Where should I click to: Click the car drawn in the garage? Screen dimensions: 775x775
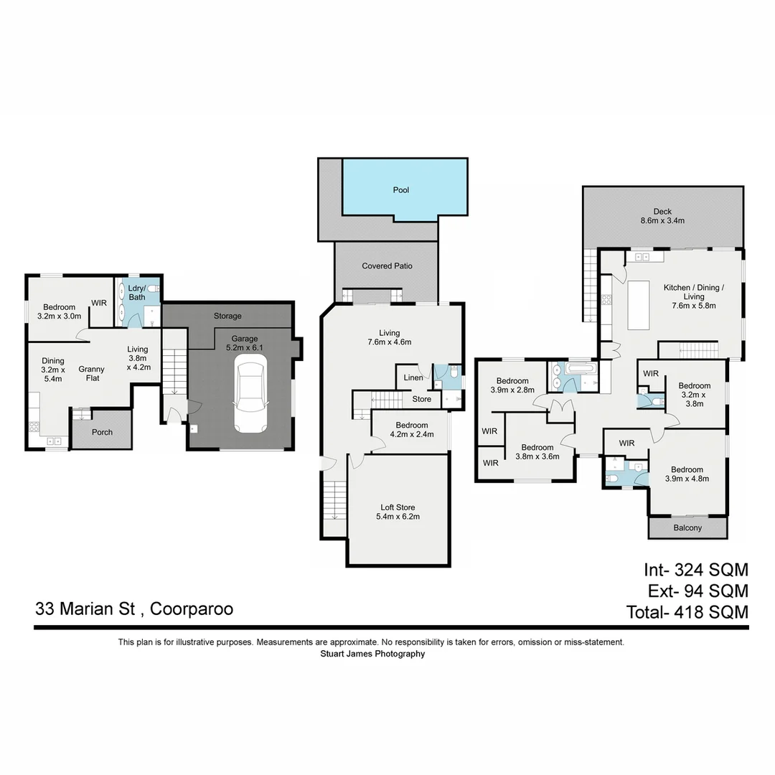[x=249, y=398]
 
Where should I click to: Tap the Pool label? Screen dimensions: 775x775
[x=400, y=190]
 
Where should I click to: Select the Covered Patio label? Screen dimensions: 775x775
[x=387, y=266]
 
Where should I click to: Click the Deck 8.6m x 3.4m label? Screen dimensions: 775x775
[x=662, y=216]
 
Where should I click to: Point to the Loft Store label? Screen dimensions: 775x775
[x=397, y=512]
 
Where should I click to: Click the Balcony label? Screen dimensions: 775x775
[x=687, y=528]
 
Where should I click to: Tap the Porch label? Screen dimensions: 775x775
[x=101, y=433]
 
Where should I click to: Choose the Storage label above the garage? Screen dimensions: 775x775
[x=227, y=316]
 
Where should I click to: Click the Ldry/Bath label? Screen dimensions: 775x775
[x=137, y=292]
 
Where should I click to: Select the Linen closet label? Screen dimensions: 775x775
[x=413, y=377]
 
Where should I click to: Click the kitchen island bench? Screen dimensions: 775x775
[x=638, y=305]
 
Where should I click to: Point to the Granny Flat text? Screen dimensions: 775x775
[x=92, y=375]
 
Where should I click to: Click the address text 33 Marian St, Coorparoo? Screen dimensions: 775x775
[x=134, y=609]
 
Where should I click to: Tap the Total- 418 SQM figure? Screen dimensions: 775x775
[x=687, y=612]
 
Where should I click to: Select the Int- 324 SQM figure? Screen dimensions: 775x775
[x=695, y=570]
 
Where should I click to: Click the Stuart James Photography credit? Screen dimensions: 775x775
[x=372, y=654]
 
